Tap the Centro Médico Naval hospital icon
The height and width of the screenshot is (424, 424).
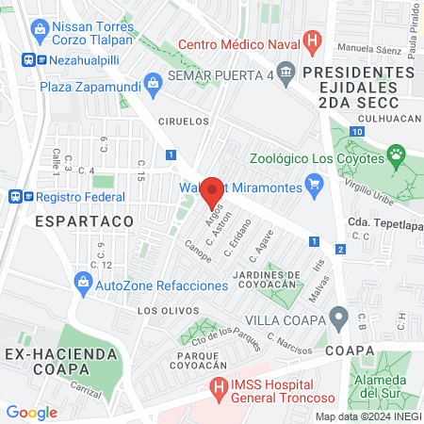[315, 42]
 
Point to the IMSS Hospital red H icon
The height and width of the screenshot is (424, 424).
[219, 387]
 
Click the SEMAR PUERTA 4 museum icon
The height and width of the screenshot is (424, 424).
[287, 74]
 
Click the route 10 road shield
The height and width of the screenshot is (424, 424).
[354, 131]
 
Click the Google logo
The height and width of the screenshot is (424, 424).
[31, 412]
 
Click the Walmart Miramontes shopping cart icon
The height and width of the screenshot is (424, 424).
[318, 187]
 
